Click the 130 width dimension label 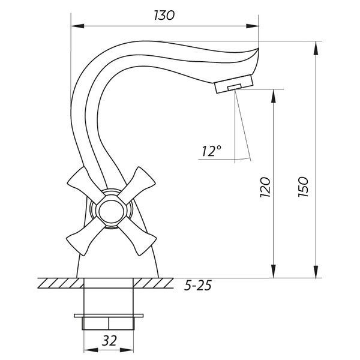(x=164, y=16)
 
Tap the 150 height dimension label (x=303, y=187)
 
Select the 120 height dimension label (x=265, y=187)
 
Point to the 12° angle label (x=211, y=151)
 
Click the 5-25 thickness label (x=198, y=286)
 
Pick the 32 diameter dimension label (x=109, y=340)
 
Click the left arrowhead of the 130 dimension (x=77, y=26)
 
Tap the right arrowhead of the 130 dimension (x=252, y=26)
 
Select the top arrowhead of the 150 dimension (x=316, y=48)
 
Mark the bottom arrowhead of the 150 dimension (x=316, y=272)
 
